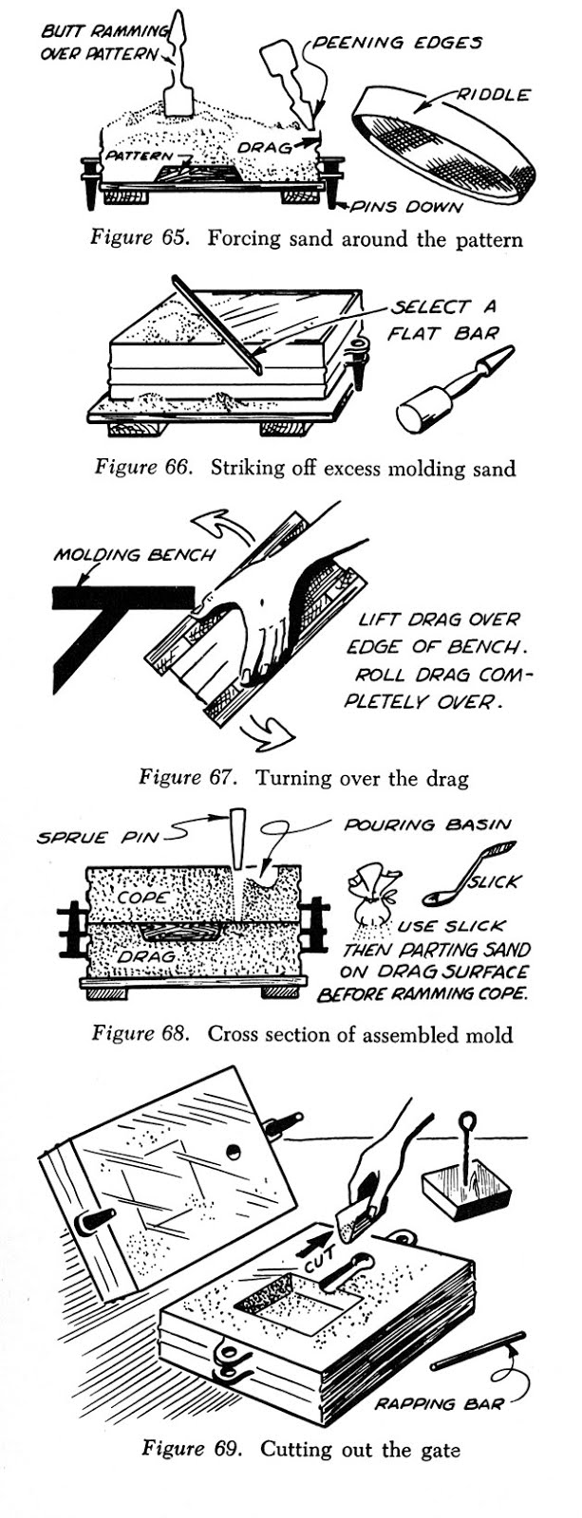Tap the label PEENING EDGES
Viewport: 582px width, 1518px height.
397,43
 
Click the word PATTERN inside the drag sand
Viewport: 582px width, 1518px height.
140,155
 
